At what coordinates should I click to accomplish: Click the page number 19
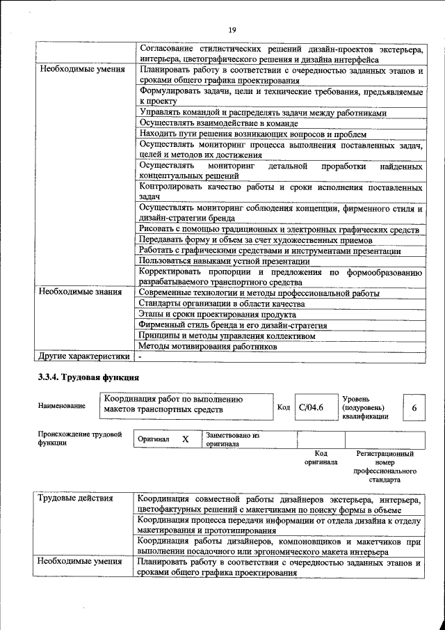[232, 29]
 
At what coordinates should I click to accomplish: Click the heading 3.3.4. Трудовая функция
[88, 378]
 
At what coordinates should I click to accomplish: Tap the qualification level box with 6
[414, 407]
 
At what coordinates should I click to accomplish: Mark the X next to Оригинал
[185, 439]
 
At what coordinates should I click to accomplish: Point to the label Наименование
[63, 406]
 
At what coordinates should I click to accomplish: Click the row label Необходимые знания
[80, 292]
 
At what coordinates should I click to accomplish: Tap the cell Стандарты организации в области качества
[221, 304]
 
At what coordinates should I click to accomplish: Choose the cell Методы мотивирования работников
[203, 345]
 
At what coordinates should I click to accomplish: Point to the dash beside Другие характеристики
[140, 356]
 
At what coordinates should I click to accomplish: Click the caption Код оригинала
[321, 457]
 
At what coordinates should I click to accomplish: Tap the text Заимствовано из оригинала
[232, 439]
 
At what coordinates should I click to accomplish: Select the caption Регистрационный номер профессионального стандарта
[384, 466]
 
